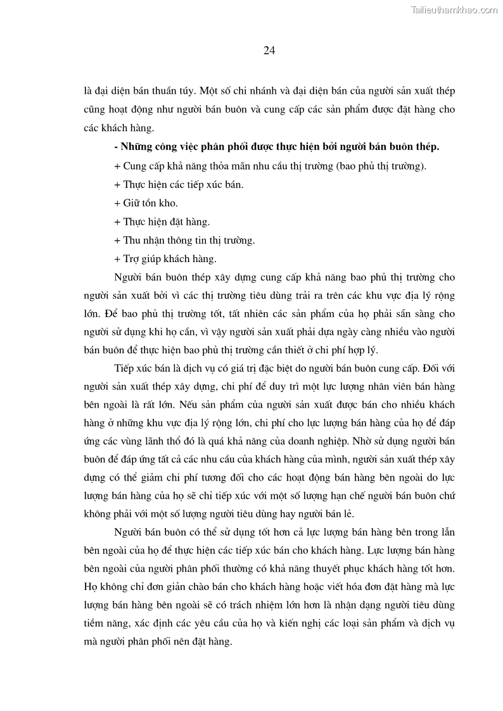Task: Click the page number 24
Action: [x=268, y=51]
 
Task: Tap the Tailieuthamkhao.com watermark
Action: [x=454, y=9]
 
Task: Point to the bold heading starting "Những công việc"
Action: [x=277, y=147]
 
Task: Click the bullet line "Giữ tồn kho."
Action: [x=146, y=203]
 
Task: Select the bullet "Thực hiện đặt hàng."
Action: [x=162, y=222]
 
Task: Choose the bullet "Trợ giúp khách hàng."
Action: [x=165, y=258]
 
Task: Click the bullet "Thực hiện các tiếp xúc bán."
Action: [x=179, y=184]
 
